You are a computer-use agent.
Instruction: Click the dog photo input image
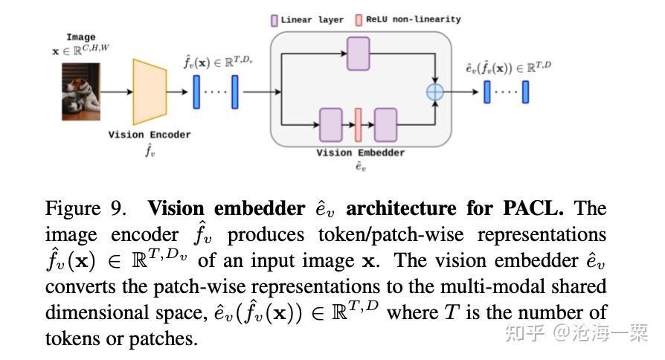(x=81, y=91)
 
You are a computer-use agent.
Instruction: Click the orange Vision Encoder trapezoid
(x=150, y=92)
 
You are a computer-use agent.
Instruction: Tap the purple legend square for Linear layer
(x=274, y=20)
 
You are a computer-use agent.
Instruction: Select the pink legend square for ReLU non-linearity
(x=359, y=19)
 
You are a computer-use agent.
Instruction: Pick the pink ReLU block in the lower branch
(x=358, y=124)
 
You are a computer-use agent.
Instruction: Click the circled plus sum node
(x=434, y=91)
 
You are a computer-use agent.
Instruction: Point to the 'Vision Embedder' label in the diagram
(x=361, y=152)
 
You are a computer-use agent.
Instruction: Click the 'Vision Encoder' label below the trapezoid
(x=150, y=135)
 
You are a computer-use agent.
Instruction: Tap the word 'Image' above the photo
(x=81, y=37)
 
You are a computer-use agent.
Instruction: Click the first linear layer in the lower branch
(x=330, y=124)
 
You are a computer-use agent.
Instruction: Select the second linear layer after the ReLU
(x=386, y=124)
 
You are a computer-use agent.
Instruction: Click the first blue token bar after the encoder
(x=197, y=92)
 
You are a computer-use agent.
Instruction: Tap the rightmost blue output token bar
(x=525, y=92)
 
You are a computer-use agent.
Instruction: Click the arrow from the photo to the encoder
(x=116, y=92)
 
